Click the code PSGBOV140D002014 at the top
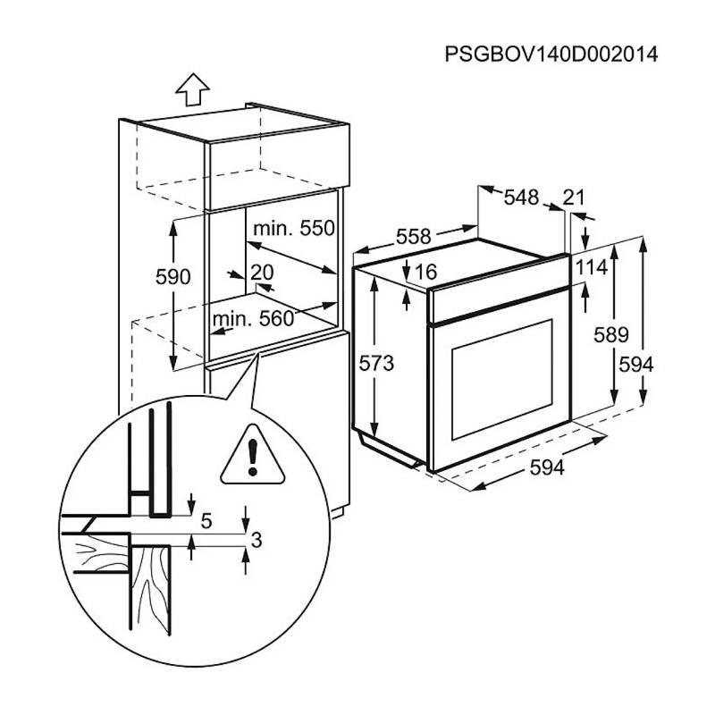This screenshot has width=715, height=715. coord(551,55)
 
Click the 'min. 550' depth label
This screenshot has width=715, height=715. coord(293,229)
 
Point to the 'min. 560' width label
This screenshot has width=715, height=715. coord(253,319)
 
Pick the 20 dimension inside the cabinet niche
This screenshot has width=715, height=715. coord(262,273)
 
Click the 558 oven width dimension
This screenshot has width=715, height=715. coord(413,237)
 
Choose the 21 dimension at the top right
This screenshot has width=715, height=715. coord(574,198)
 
